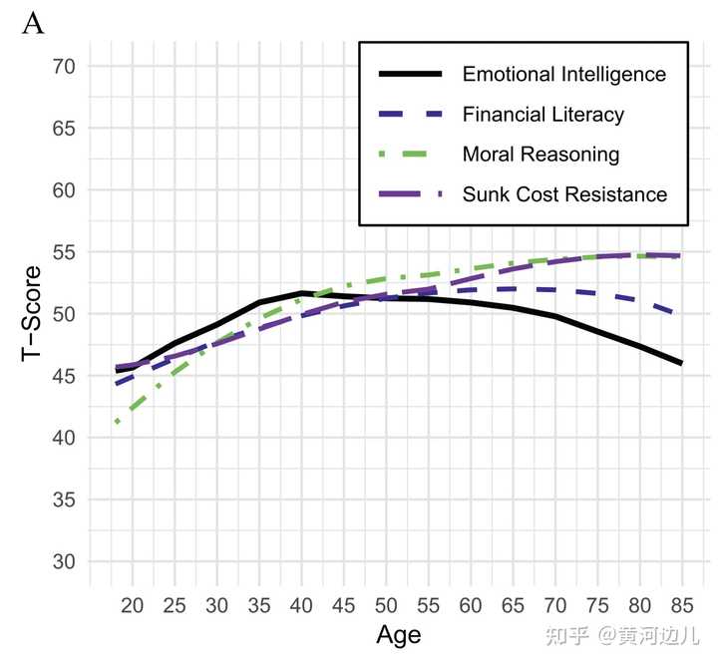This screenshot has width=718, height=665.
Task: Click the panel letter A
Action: (x=33, y=24)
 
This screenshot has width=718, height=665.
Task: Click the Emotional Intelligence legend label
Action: (x=563, y=75)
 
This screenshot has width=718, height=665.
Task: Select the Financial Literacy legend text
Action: (x=542, y=115)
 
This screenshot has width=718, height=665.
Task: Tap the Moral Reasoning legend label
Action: (x=540, y=155)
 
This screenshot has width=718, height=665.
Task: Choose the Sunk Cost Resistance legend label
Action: (x=564, y=194)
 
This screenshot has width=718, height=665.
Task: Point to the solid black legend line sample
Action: (x=410, y=75)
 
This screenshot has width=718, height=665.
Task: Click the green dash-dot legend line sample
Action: (x=410, y=155)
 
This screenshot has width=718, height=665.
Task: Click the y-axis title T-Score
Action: (x=32, y=314)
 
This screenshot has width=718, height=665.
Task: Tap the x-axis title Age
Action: (x=398, y=635)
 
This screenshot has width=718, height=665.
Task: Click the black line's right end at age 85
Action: (x=680, y=364)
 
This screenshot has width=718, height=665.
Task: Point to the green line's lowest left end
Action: (x=118, y=422)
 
